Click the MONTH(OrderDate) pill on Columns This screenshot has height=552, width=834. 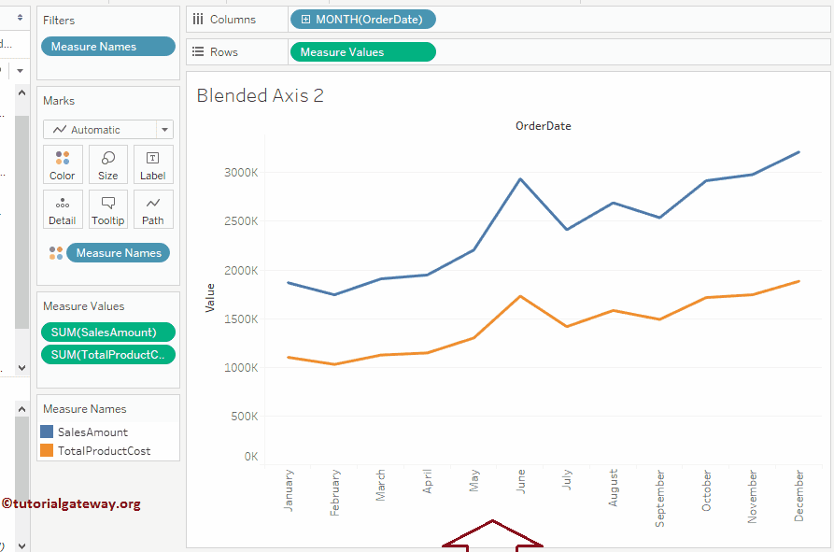[x=362, y=20]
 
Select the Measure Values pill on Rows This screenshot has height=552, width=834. [x=362, y=52]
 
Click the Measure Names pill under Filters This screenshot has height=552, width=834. [x=107, y=47]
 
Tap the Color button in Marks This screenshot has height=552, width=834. [x=63, y=165]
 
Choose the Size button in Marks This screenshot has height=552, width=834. [x=108, y=165]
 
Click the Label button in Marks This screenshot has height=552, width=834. [x=153, y=165]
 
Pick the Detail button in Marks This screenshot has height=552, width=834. [x=63, y=210]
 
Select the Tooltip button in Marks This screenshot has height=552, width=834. [x=108, y=210]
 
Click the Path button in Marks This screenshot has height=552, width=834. [x=153, y=210]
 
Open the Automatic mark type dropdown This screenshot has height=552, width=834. [x=107, y=130]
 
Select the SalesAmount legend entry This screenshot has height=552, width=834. [x=92, y=432]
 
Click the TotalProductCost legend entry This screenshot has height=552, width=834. [x=104, y=451]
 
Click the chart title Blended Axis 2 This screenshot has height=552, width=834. [x=260, y=95]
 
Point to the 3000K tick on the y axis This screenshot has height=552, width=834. [x=241, y=173]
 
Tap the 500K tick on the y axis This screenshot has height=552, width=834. [x=243, y=417]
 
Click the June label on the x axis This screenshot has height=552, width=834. [x=520, y=479]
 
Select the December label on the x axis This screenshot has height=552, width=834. [x=799, y=495]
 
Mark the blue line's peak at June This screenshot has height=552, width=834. [x=520, y=178]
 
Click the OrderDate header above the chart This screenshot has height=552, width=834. [x=543, y=125]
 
